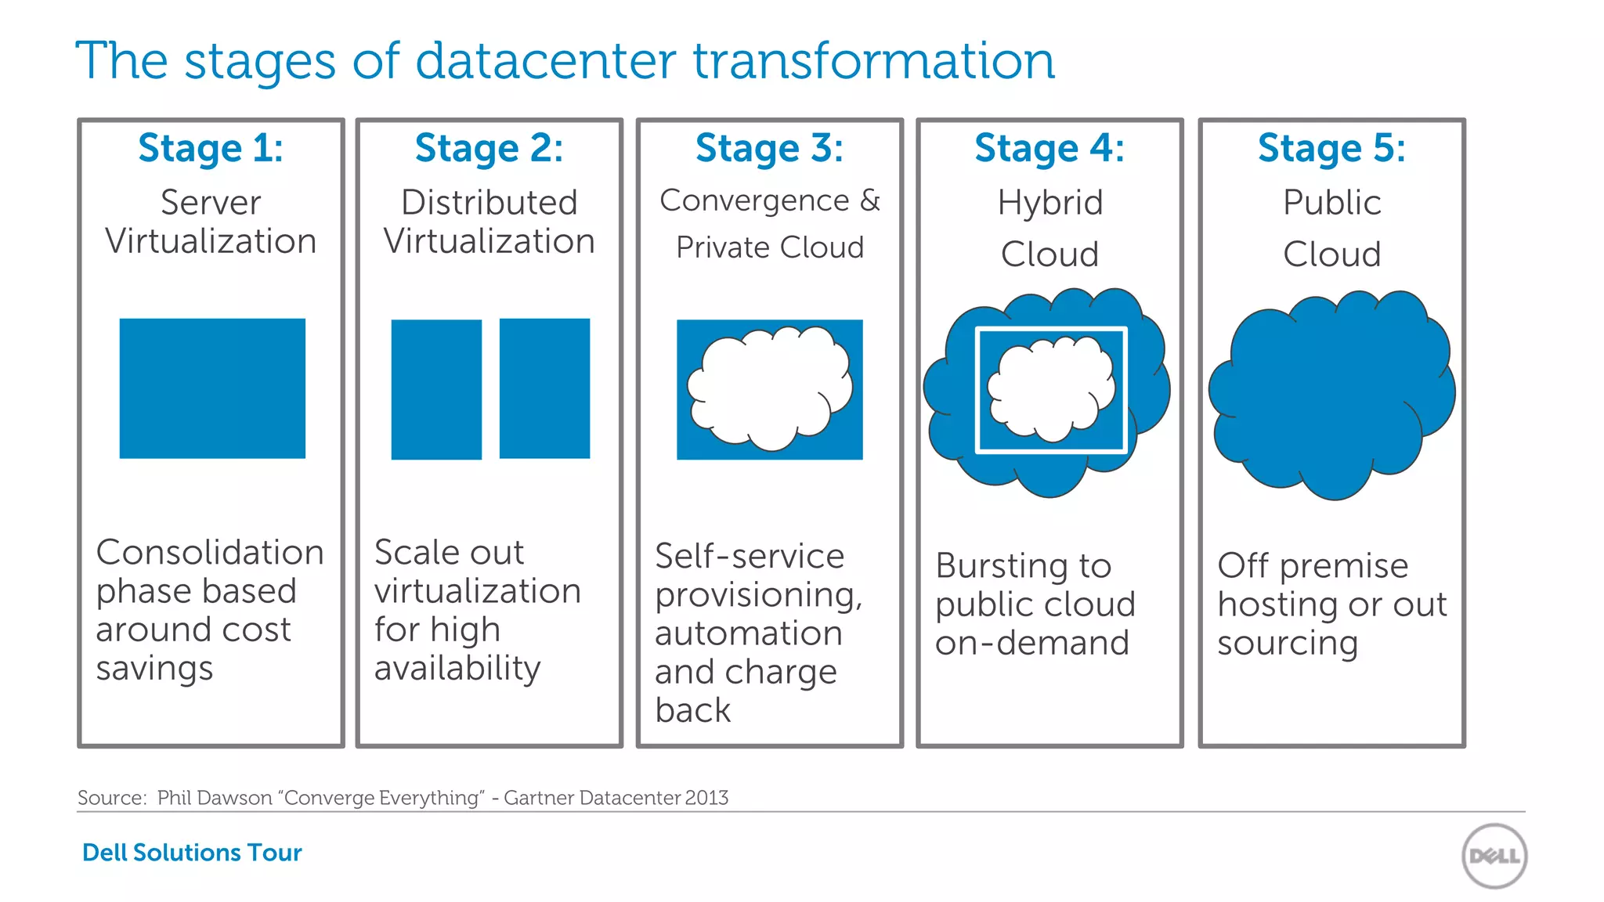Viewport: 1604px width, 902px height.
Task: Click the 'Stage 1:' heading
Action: [211, 148]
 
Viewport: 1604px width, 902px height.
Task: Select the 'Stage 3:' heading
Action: [769, 148]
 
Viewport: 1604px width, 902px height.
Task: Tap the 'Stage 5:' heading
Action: [1331, 148]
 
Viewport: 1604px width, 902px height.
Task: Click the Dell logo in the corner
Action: [1494, 856]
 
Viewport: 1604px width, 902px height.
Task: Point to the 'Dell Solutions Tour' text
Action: [192, 852]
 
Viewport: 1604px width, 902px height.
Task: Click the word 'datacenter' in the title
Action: [546, 61]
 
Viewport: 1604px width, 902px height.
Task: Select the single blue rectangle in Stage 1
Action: [212, 388]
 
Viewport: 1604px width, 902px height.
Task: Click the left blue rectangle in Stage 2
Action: [436, 389]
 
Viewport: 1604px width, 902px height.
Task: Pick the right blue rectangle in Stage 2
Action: [544, 388]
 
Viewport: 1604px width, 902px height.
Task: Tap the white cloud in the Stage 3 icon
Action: [770, 388]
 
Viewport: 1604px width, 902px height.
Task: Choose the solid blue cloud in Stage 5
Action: [1331, 395]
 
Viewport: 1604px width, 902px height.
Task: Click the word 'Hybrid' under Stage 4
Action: [1049, 203]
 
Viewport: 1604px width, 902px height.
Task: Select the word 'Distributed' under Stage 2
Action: [490, 202]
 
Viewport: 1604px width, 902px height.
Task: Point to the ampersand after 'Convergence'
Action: [869, 200]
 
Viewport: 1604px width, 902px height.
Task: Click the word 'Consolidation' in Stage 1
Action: [210, 552]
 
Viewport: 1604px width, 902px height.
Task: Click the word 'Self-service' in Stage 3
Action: [750, 556]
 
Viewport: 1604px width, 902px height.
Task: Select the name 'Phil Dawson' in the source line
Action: [215, 797]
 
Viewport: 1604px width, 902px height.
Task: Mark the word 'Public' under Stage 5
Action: [1331, 203]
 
